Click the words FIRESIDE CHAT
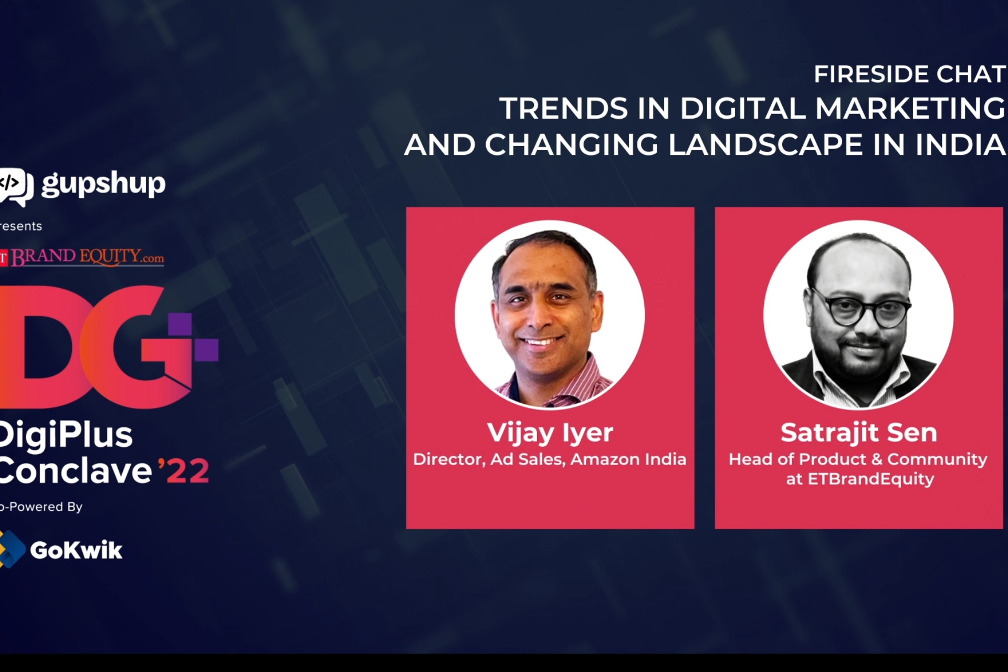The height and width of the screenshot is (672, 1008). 909,74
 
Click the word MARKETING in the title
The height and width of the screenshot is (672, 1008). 910,108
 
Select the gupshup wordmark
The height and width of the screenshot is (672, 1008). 103,184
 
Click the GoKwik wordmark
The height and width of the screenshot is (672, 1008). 76,550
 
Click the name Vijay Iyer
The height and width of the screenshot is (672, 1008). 550,433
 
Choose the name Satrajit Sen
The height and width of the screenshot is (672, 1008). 858,433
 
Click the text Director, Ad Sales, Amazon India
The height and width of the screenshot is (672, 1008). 550,459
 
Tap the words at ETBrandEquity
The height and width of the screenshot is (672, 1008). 860,479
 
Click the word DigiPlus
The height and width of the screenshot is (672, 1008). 66,435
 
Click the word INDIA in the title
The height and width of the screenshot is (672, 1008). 960,145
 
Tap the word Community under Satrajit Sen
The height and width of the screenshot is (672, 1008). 937,459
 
